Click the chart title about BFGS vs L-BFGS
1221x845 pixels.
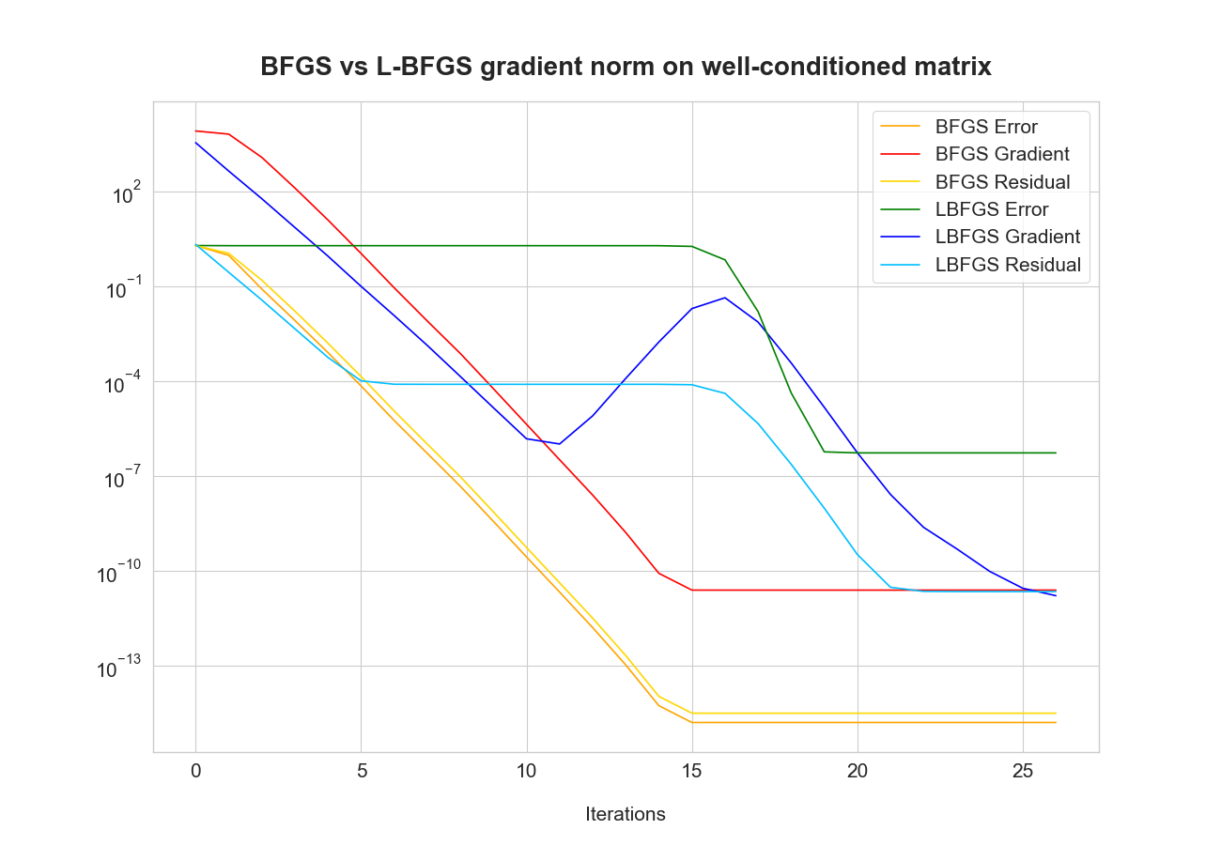(626, 68)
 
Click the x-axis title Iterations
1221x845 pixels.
(626, 814)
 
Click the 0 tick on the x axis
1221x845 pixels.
(195, 771)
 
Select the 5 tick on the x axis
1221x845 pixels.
(362, 771)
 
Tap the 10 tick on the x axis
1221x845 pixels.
(527, 771)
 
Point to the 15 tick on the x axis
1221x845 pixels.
(692, 771)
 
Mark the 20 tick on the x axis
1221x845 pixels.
(858, 771)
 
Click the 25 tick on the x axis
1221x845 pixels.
(1023, 771)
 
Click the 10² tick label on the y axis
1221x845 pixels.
(125, 195)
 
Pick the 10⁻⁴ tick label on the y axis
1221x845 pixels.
(119, 385)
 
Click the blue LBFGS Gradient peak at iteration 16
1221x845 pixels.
(725, 298)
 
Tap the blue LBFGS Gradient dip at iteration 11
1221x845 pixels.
(560, 443)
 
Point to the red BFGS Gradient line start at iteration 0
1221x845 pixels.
(195, 131)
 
